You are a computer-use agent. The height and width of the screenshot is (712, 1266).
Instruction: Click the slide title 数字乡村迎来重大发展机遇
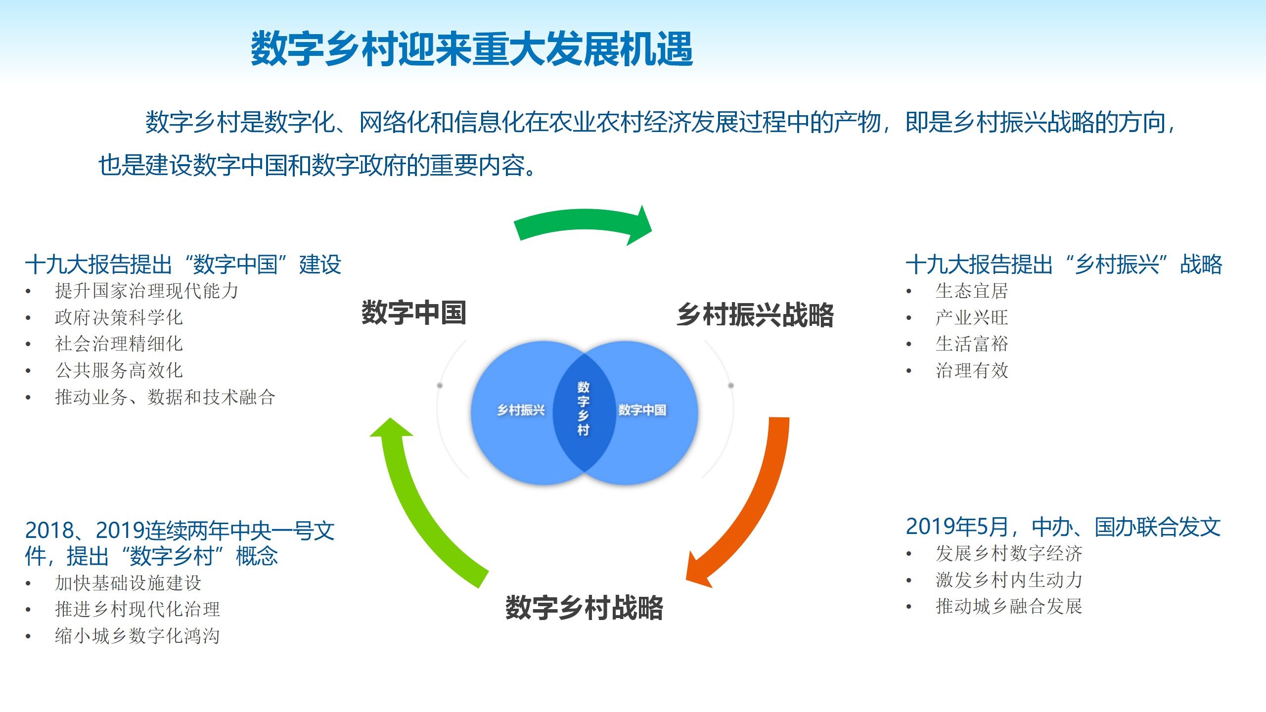coord(472,49)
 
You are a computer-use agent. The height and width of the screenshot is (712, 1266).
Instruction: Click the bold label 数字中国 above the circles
coord(414,312)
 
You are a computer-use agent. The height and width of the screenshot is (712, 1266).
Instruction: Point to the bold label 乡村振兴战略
coord(755,315)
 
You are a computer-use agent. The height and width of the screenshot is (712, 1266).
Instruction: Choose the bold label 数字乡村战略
coord(584,608)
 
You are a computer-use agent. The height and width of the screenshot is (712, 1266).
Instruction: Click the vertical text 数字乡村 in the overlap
coord(584,408)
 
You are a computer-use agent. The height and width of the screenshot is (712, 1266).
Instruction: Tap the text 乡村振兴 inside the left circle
coord(521,410)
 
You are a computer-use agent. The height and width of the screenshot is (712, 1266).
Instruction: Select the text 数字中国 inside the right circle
coord(642,410)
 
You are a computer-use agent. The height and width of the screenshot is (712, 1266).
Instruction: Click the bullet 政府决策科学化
coord(119,317)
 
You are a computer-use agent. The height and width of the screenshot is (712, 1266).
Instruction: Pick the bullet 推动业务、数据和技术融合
coord(165,397)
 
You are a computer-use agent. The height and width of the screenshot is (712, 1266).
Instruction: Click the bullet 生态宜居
coord(971,291)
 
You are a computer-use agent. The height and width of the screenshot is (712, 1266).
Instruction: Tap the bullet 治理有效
coord(971,370)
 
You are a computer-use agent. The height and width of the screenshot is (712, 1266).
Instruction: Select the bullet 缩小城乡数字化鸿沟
coord(137,636)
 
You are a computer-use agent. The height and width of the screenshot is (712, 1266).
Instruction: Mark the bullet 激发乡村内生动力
coord(1009,580)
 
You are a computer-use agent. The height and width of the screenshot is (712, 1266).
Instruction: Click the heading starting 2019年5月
coord(1063,527)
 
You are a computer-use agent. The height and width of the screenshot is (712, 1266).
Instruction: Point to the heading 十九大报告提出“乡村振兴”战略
coord(1063,265)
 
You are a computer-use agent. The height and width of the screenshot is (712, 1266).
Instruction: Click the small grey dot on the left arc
coord(440,385)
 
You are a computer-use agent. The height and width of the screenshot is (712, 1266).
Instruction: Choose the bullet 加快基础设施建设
coord(128,583)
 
